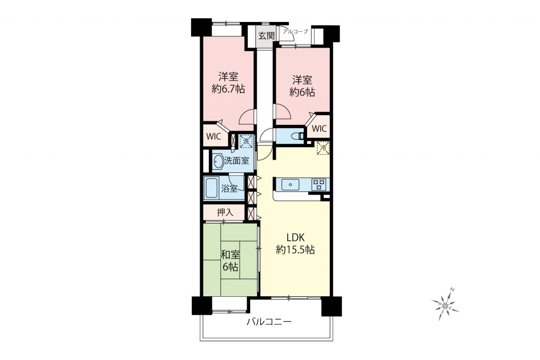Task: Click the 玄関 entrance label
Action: pos(266,36)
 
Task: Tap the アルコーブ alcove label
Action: pos(296,31)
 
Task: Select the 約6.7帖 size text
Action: pos(228,89)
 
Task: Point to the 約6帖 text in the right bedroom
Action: pos(302,92)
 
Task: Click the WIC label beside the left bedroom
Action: pos(213,136)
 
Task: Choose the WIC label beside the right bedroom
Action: pos(319,129)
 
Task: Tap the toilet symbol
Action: pos(298,136)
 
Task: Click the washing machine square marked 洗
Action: pos(246,141)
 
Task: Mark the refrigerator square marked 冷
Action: pos(323,148)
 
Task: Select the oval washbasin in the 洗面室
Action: pos(219,161)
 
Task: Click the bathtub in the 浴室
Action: pos(211,188)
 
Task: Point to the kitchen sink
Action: pos(290,185)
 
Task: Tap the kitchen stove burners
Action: pos(319,185)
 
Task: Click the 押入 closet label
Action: pos(225,212)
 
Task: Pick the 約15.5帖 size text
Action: pos(295,250)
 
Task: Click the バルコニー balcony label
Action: pos(269,322)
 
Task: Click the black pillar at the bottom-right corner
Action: pos(332,306)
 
